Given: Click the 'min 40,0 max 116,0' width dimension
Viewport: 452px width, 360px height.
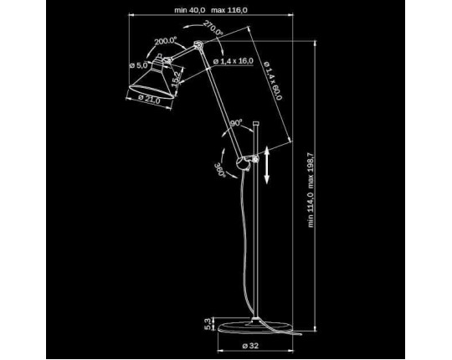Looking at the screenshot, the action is coord(211,10).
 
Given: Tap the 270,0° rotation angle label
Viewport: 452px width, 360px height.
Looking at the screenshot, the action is coord(213,28).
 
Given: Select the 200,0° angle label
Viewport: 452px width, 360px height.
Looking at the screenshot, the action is coord(165,41).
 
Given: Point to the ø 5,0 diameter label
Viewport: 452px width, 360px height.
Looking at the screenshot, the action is coord(139,65).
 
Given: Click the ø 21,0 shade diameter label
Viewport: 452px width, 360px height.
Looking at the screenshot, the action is coord(149,99).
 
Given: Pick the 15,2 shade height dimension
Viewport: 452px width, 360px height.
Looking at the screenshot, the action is coord(176,79).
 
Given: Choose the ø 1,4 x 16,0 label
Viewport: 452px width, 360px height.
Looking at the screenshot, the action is coord(234,61).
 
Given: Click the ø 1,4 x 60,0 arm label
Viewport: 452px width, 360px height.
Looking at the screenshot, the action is coord(272,80).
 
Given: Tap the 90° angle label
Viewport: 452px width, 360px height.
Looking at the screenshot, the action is coord(236,123).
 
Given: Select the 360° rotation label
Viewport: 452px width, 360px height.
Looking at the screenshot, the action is coord(219,170).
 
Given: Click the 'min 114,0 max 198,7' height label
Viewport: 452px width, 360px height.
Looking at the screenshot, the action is coord(311,190).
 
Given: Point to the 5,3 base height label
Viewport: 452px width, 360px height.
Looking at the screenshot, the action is coord(208,324).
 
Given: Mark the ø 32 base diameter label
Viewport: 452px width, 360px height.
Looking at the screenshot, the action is coord(250,346).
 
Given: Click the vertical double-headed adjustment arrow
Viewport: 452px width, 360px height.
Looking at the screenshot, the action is coord(267,165).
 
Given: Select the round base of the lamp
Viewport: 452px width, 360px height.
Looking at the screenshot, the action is coord(255,327).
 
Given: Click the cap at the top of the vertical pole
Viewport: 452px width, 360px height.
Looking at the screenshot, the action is coord(255,124).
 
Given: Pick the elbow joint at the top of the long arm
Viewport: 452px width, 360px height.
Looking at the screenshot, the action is coord(198,45).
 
